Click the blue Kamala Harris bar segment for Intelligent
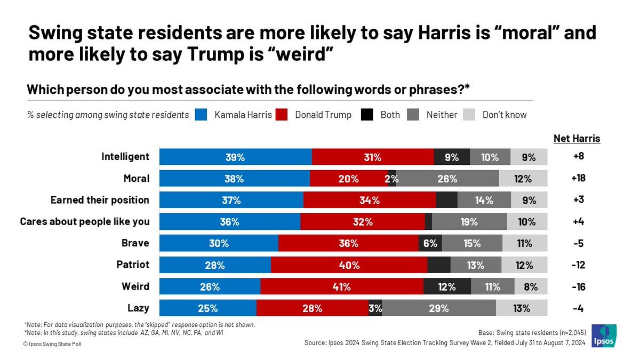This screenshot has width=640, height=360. (235, 157)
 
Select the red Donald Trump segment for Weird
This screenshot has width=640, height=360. (342, 286)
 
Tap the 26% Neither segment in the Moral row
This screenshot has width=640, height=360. (447, 179)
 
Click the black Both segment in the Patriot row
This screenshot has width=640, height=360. (438, 265)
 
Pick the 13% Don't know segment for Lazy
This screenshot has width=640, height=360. (521, 308)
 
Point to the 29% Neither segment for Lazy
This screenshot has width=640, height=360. (439, 308)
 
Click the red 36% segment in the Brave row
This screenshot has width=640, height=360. (348, 243)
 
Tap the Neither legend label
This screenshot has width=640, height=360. (442, 115)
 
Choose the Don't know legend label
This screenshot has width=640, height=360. (504, 115)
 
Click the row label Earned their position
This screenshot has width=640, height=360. (100, 200)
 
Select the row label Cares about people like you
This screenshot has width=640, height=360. (84, 222)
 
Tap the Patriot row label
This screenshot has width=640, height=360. (133, 265)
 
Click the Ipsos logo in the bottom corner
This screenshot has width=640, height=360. (603, 337)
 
